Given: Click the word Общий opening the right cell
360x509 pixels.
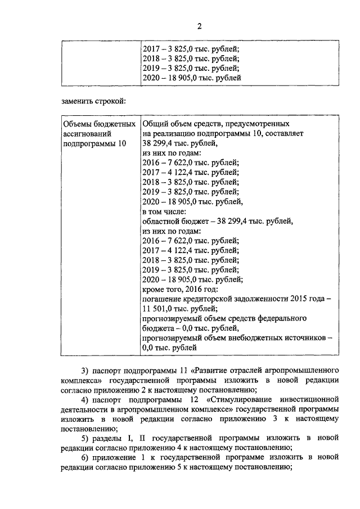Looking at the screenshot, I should (x=156, y=123).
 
